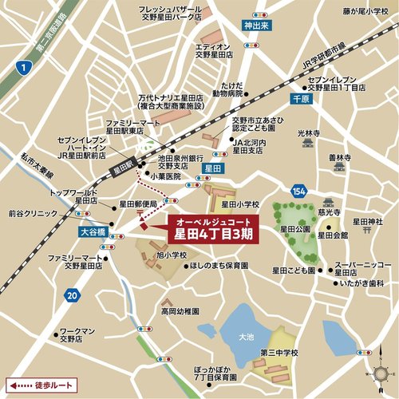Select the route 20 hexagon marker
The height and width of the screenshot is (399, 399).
[73, 296]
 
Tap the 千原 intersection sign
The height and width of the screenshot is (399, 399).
[299, 101]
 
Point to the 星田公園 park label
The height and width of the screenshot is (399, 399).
[294, 228]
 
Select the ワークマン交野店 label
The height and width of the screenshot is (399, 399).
[77, 334]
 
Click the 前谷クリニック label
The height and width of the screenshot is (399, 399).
[31, 213]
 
